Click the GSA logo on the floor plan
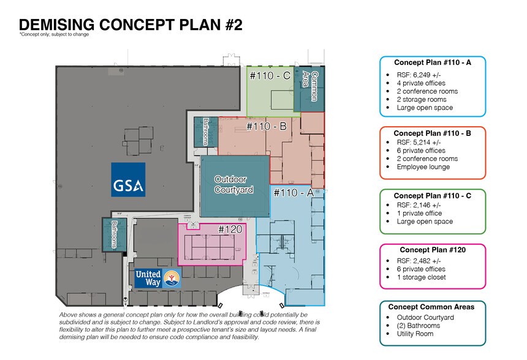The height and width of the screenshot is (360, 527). pos(129,179)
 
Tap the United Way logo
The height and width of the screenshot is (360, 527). pos(158,279)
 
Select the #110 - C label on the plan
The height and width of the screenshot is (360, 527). pos(270,75)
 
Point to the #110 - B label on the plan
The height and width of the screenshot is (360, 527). pos(267,126)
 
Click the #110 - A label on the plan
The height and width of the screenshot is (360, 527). pos(294,193)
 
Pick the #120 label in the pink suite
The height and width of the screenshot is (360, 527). pos(230,230)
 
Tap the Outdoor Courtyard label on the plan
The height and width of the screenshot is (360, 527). pos(233,185)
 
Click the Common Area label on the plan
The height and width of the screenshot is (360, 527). pos(310,86)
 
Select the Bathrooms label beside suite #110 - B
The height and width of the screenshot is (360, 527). pos(206,132)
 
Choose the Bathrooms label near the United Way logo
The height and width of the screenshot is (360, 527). pos(114,234)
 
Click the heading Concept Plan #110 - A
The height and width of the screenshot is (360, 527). pos(433,62)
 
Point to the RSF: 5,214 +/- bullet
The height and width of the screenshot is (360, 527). pos(419,143)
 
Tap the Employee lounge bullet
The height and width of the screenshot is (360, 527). pos(423,167)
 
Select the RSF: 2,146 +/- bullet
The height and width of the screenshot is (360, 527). pos(419,205)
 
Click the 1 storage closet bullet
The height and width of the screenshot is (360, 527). pos(421,277)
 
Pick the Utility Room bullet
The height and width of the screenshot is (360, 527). pos(415,334)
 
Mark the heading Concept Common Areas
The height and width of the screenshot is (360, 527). pos(431,307)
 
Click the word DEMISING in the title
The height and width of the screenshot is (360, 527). pos(57,25)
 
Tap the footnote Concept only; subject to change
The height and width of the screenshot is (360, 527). pos(54,34)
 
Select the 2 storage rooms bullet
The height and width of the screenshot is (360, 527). pos(422,99)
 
